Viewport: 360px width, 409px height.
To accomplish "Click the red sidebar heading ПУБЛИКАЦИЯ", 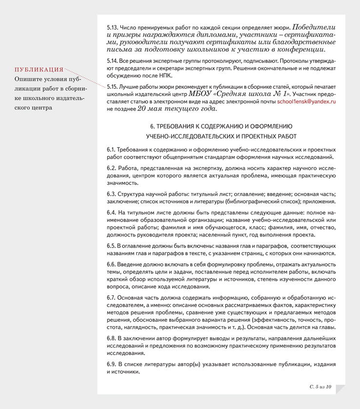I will click(39, 70).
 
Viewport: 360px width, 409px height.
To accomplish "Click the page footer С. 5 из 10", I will click(320, 387).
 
